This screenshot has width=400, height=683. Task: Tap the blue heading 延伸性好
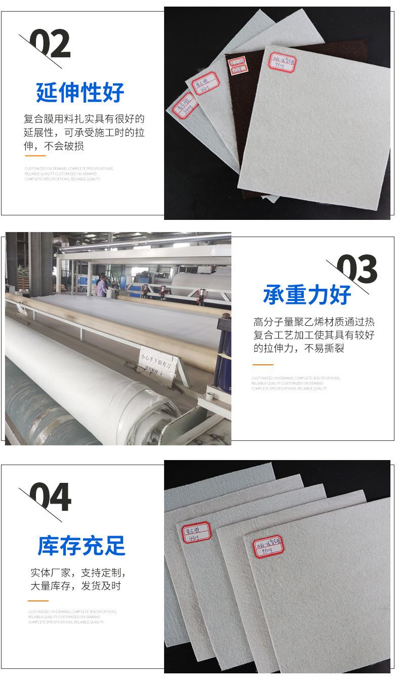pos(80,92)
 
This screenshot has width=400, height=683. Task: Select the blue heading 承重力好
pos(307,294)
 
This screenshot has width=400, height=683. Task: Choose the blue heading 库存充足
pos(81,546)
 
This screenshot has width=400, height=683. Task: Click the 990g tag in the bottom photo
pos(268,547)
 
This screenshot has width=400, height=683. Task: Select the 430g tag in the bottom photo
pos(196,533)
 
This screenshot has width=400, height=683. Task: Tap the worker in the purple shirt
pos(103,285)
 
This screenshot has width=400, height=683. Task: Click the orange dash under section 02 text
pos(35,156)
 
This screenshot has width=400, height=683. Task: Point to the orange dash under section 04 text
pos(38,601)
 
